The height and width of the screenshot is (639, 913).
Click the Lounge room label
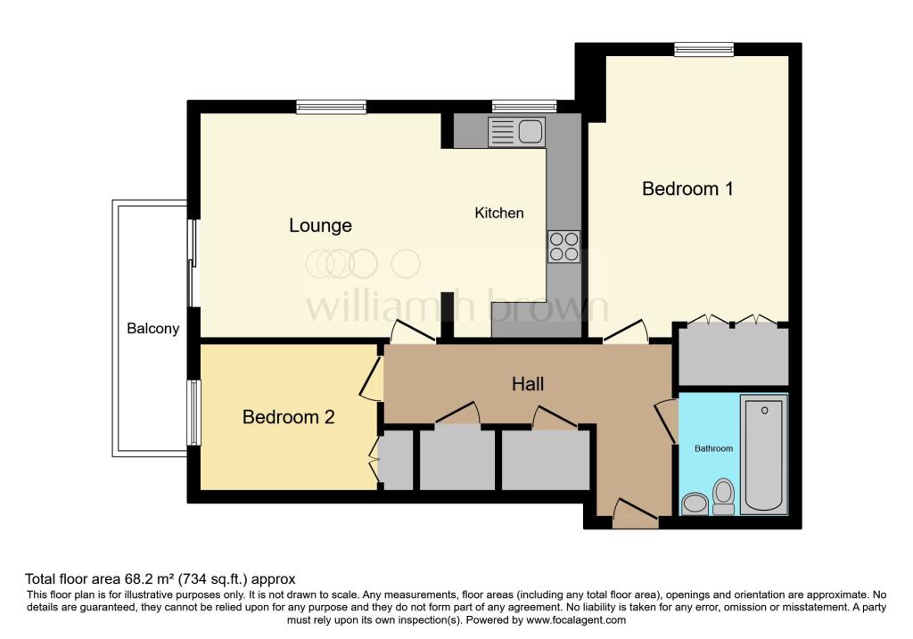point(320,225)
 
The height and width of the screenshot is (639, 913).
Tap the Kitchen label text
point(498,213)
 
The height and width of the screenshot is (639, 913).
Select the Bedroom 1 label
point(687,189)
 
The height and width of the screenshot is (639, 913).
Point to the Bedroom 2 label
point(288,417)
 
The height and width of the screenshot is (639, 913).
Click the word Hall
point(528,384)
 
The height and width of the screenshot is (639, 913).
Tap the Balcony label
point(152,328)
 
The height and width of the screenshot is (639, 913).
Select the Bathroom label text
point(713,448)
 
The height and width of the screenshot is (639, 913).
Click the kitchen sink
point(516,132)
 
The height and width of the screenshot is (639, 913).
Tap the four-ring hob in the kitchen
point(563,246)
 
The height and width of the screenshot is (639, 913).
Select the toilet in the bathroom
point(723,496)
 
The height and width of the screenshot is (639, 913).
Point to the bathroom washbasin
point(694,504)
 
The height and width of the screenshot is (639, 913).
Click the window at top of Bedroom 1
point(703,49)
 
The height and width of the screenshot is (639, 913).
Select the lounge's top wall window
point(331,107)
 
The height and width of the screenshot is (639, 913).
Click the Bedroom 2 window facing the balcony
point(193,413)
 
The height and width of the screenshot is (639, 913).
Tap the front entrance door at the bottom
point(636,514)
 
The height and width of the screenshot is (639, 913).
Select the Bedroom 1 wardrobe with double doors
point(731,354)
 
